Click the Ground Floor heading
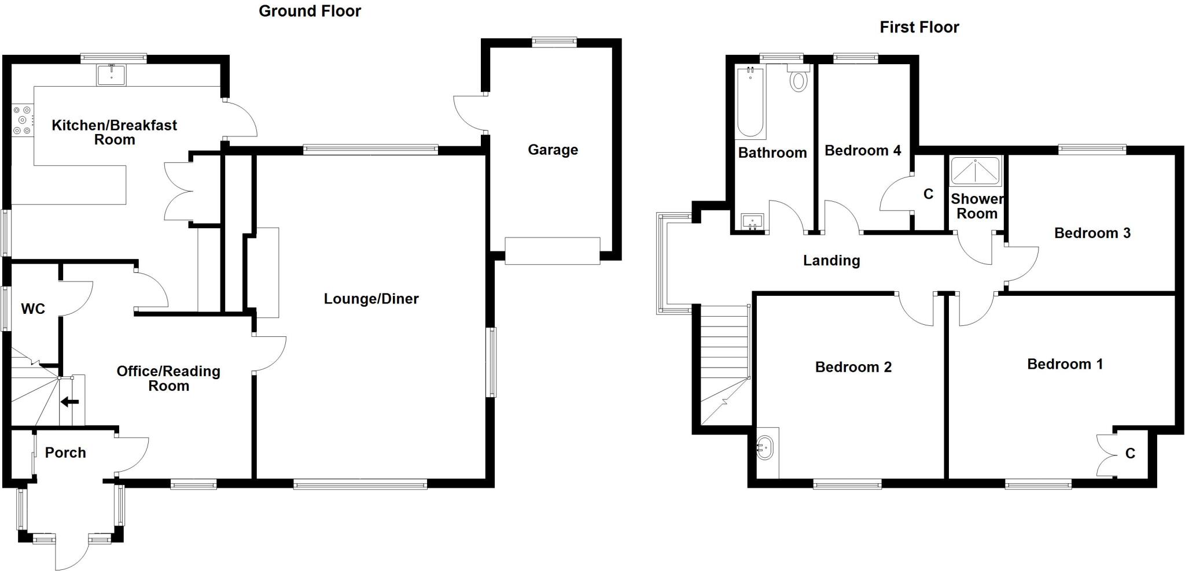click(310, 11)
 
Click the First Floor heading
click(919, 27)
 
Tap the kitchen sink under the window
click(111, 75)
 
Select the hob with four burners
click(22, 120)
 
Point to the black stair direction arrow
click(70, 401)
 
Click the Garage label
click(553, 150)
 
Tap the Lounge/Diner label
click(371, 299)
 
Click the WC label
click(33, 309)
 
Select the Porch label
click(65, 453)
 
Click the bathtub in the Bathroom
click(750, 103)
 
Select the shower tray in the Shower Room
click(976, 171)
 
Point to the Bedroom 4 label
click(862, 151)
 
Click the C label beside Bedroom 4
click(928, 194)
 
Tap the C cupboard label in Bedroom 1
click(1130, 454)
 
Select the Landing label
click(831, 261)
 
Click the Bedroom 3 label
click(1092, 233)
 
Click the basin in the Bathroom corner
click(752, 221)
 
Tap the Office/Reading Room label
click(168, 379)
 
